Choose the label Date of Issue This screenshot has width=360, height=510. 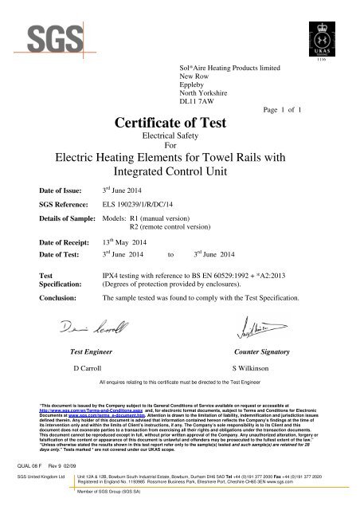64,192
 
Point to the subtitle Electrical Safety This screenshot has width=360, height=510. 180,137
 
